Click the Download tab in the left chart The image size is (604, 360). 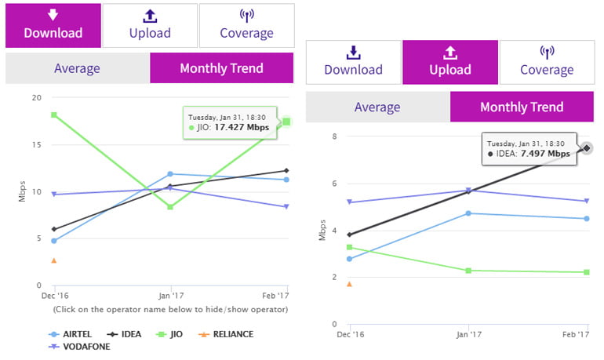pos(53,25)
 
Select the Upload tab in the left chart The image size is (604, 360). pos(150,25)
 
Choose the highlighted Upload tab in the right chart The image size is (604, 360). pos(450,62)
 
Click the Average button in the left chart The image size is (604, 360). pos(77,68)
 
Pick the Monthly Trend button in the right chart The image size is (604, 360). pos(521,107)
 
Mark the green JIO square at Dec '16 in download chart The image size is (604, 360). pos(53,115)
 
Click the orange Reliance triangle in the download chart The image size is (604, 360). pos(53,260)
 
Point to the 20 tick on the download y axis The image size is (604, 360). pos(36,98)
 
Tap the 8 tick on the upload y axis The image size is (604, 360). pos(333,136)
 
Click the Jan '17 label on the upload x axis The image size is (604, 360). pos(468,335)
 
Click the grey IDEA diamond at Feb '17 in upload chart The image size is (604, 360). pos(586,147)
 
